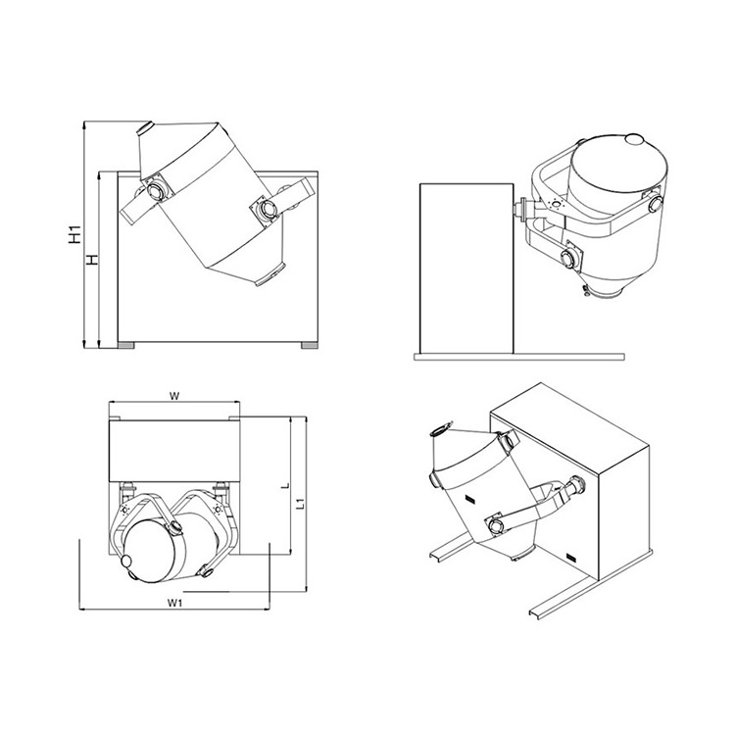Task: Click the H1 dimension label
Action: click(74, 234)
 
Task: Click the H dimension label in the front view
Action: click(93, 260)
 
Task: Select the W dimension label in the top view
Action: click(173, 396)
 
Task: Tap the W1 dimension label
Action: click(173, 603)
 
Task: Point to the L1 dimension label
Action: click(303, 504)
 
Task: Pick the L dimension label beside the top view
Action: click(285, 486)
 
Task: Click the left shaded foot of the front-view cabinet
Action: click(125, 346)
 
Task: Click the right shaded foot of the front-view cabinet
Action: click(310, 346)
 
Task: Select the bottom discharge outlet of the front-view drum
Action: click(270, 275)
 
